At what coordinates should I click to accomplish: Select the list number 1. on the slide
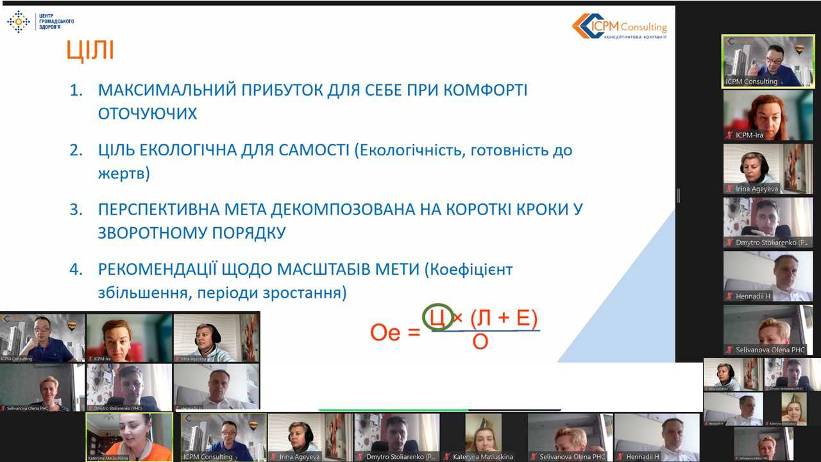pos(76,90)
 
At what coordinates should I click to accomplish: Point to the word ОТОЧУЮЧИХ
pos(148,114)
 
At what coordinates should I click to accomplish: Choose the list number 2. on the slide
pos(76,151)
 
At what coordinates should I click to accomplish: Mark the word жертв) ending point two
pos(124,174)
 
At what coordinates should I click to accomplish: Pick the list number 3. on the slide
pos(76,210)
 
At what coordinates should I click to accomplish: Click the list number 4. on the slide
pos(76,269)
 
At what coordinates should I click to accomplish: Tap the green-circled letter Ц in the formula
pos(436,318)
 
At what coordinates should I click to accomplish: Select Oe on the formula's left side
pos(385,332)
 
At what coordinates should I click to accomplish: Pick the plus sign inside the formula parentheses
pos(505,319)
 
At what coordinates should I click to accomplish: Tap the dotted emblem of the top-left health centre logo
pos(19,21)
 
